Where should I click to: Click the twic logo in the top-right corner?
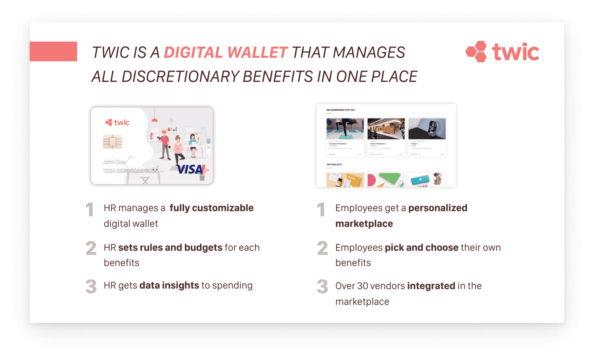pyautogui.click(x=502, y=52)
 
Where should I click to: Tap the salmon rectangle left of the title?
pyautogui.click(x=53, y=51)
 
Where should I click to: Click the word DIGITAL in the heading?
pyautogui.click(x=193, y=52)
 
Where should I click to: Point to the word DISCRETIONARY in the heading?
pyautogui.click(x=181, y=76)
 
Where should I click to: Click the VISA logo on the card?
pyautogui.click(x=190, y=169)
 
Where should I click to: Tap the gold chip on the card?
pyautogui.click(x=112, y=142)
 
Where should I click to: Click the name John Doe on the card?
pyautogui.click(x=114, y=162)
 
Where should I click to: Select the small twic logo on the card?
pyautogui.click(x=117, y=122)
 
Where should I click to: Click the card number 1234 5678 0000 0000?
pyautogui.click(x=131, y=170)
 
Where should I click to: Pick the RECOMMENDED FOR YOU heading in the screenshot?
pyautogui.click(x=341, y=110)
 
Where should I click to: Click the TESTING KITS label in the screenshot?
pyautogui.click(x=334, y=165)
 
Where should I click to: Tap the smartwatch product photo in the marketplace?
pyautogui.click(x=427, y=129)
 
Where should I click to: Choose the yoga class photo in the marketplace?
pyautogui.click(x=345, y=129)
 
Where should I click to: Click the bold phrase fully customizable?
pyautogui.click(x=211, y=208)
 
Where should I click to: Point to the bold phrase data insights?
pyautogui.click(x=169, y=285)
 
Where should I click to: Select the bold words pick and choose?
pyautogui.click(x=421, y=248)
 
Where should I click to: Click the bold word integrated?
pyautogui.click(x=431, y=286)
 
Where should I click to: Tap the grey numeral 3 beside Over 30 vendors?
pyautogui.click(x=322, y=287)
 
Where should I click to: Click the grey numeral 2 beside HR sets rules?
pyautogui.click(x=91, y=248)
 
